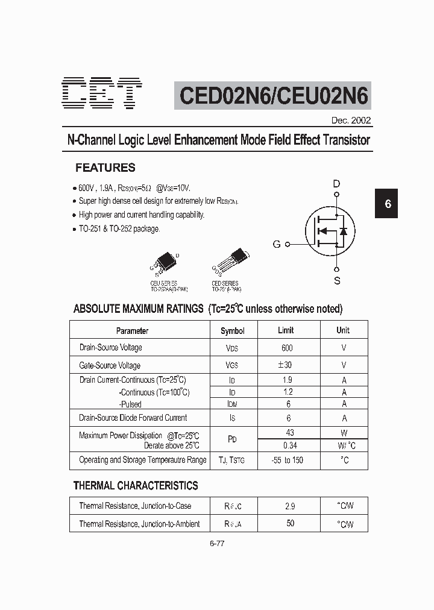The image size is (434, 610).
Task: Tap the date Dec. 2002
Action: (x=351, y=120)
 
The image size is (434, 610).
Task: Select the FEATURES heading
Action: (x=105, y=168)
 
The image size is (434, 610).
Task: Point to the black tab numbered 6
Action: (x=388, y=204)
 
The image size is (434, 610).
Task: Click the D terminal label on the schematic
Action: (x=337, y=183)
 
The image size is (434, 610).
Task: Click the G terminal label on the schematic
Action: (x=277, y=244)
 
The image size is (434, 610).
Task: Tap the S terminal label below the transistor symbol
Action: (x=337, y=280)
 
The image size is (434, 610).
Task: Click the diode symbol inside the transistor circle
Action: (x=344, y=231)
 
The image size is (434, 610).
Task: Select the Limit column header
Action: (x=286, y=330)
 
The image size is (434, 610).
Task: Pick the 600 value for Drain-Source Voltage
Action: (x=287, y=348)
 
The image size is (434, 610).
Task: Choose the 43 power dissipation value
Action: (x=290, y=433)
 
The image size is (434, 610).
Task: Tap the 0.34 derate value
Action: (x=290, y=445)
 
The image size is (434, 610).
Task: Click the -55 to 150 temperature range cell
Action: (x=286, y=460)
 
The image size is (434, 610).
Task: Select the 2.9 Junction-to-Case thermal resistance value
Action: (x=290, y=506)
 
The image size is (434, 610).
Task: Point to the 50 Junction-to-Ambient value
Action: (x=290, y=523)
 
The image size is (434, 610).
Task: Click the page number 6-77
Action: (x=217, y=543)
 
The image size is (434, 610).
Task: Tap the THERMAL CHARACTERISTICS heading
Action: (x=136, y=485)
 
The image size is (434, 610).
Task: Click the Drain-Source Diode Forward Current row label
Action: (x=133, y=418)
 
